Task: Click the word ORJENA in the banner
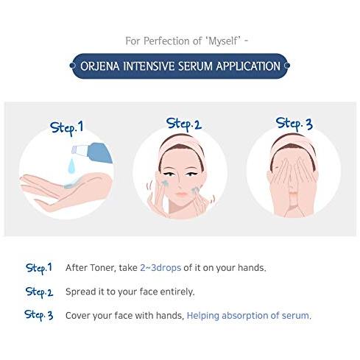point(100,66)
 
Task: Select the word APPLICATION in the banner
point(248,66)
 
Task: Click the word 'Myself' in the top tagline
point(223,41)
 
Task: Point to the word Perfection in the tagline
point(166,41)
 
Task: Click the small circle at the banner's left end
point(72,66)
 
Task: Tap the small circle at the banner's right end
point(287,66)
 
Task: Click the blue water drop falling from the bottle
point(71,166)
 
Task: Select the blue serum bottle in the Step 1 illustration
point(93,152)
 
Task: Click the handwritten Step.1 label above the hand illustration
point(67,128)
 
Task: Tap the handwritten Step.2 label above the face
point(184,124)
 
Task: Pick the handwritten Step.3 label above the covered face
point(294,124)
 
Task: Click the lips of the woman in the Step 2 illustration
point(182,194)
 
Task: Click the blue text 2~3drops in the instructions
point(160,268)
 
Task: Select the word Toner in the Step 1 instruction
point(103,267)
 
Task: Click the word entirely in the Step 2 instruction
point(177,292)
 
